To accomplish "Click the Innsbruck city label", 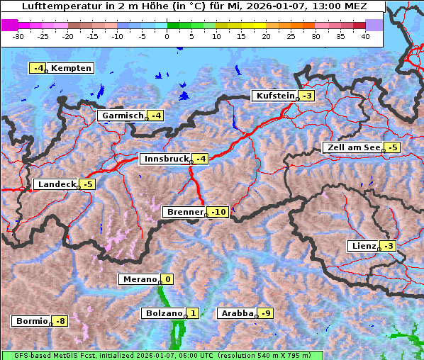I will (x=164, y=159).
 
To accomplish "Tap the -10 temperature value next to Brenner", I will (x=219, y=212).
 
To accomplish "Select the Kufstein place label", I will (x=274, y=96).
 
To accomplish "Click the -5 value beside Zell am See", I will (x=393, y=147).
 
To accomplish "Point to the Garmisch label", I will (x=123, y=116).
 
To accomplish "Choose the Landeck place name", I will (x=57, y=184).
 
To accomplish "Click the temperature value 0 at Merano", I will (x=168, y=279).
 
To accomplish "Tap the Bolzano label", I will (x=164, y=313).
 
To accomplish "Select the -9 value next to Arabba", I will (x=266, y=313).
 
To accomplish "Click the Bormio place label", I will (x=32, y=321).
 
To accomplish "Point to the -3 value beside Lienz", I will (x=389, y=246).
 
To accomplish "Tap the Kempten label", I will (x=71, y=68).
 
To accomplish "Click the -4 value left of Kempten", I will (x=38, y=68).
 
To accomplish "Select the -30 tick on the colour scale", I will (x=19, y=35).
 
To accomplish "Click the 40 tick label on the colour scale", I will (x=365, y=35).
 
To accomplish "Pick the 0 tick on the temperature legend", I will (x=167, y=35).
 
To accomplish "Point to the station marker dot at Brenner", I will (x=207, y=215).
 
